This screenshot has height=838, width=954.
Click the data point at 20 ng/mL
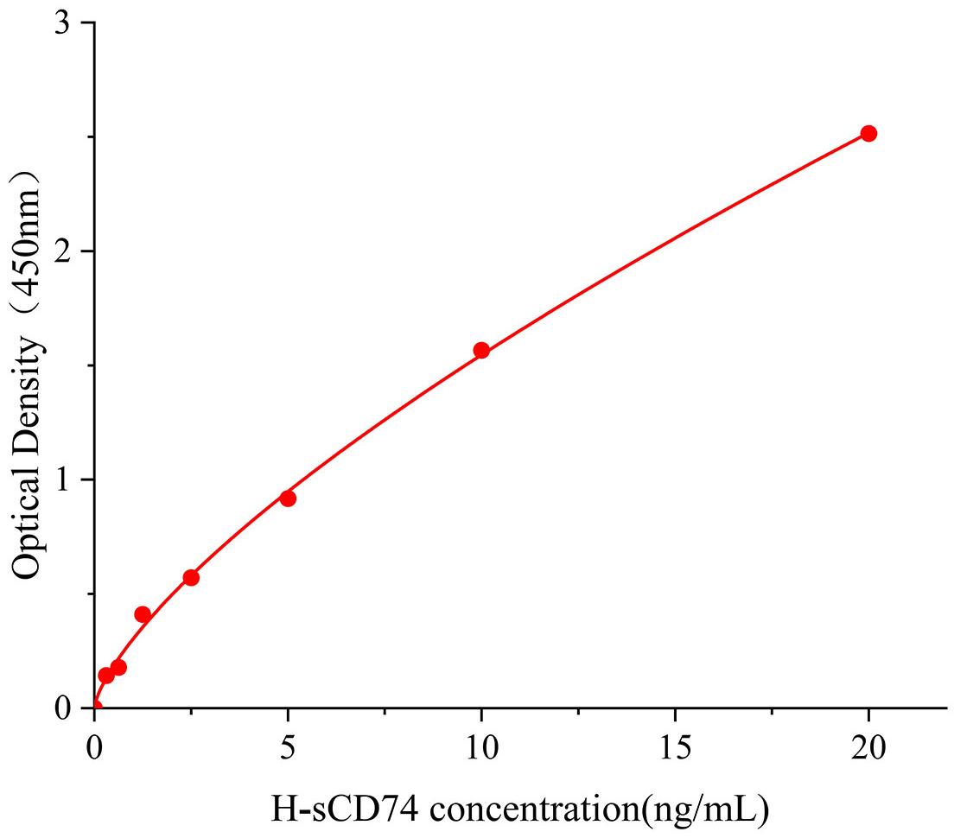868,133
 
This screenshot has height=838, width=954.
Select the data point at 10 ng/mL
481,350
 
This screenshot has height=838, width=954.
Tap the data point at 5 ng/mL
288,498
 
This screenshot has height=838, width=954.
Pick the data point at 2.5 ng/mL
191,577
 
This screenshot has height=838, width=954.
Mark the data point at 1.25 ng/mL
143,614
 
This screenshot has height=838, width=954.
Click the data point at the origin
94,707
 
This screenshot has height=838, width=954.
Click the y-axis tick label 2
62,251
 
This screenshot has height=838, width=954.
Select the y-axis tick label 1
62,479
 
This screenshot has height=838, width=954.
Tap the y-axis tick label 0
62,708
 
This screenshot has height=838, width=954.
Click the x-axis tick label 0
94,745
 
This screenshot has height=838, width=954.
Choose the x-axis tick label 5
288,745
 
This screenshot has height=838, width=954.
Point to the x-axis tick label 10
481,745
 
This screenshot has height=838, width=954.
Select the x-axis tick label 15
675,745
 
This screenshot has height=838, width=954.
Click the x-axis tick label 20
868,745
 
